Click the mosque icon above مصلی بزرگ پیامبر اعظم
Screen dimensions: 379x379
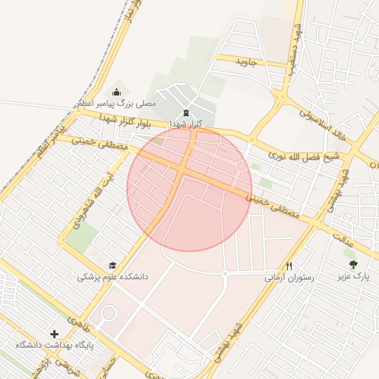(x=117, y=92)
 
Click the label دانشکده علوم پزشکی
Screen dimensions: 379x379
(x=113, y=276)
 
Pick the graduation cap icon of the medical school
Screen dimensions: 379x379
(x=113, y=265)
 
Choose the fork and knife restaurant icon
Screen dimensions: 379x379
(x=289, y=266)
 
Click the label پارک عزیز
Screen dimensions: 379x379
(x=352, y=275)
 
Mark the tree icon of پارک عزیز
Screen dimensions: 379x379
(x=353, y=264)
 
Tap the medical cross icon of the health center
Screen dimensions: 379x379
(x=53, y=335)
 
